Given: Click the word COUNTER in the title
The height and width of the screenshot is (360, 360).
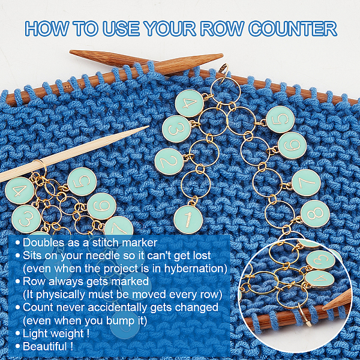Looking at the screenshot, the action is (x=293, y=29).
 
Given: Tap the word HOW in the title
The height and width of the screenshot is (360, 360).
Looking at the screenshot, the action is (x=47, y=29).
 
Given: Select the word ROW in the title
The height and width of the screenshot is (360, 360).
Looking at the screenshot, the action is (x=222, y=29).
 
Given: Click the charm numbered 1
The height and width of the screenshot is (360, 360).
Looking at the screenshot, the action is (x=188, y=219).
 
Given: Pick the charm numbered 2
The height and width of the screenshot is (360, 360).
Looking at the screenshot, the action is (x=169, y=161).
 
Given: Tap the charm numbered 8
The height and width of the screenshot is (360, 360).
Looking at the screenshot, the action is (x=315, y=213).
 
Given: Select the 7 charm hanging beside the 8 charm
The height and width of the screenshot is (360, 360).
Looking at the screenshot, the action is (x=306, y=183).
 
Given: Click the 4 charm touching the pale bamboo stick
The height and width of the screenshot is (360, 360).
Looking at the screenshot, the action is (x=20, y=190).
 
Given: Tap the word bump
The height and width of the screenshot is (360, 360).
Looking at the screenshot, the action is (x=119, y=321).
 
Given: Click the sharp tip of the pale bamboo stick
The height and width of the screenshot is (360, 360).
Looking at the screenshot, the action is (x=149, y=126).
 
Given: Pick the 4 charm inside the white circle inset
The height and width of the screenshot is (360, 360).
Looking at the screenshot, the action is (x=320, y=279).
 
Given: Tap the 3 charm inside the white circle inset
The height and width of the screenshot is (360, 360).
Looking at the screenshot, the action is (x=321, y=259).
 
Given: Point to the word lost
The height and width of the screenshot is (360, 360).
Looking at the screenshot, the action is (x=202, y=256).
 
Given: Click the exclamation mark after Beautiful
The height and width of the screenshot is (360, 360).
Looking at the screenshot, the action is (x=71, y=346).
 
